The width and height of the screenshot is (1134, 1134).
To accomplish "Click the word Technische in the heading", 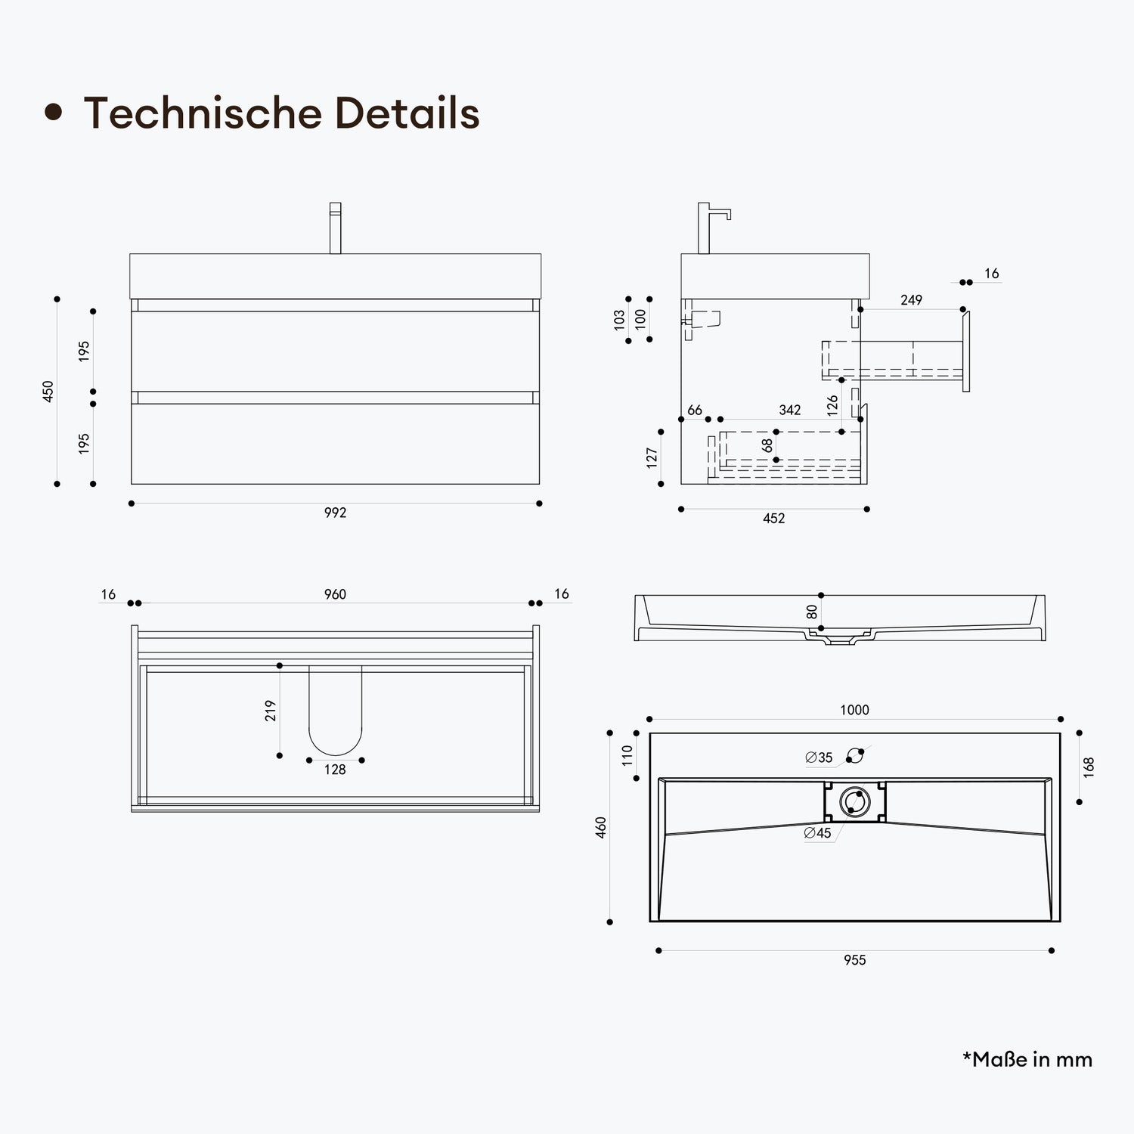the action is pos(203,113).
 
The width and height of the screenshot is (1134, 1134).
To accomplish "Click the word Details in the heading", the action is pos(407,113).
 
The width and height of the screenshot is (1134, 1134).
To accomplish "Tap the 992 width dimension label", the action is pos(335,513).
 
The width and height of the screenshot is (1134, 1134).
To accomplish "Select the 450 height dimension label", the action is pos(48,391).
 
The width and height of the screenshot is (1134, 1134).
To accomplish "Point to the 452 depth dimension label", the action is pos(773,519).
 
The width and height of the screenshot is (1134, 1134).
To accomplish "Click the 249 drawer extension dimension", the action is pos(911,300).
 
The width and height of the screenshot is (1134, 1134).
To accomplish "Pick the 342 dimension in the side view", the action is pos(789,410).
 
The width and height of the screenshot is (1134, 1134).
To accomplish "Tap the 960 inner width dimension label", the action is pos(335,594).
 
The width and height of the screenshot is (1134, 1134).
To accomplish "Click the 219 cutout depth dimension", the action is pos(271,711).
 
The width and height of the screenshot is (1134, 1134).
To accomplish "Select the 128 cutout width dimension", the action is pos(335,770).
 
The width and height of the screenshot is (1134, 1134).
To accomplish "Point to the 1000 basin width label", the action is pos(854,710).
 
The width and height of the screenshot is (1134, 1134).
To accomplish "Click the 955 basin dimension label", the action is pos(854,960).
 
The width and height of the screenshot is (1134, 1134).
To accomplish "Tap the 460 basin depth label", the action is pos(601,828).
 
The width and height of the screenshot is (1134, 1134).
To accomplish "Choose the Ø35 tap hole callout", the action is pos(819,758).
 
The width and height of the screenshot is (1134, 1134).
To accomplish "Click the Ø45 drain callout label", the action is pos(817,833).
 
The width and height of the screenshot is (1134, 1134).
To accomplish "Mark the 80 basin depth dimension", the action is pos(812,612).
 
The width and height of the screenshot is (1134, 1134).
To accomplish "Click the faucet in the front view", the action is pos(335,228).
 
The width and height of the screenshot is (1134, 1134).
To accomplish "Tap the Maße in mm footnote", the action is pos(1027,1059).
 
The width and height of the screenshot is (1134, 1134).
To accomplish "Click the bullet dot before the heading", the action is pos(53,113).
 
